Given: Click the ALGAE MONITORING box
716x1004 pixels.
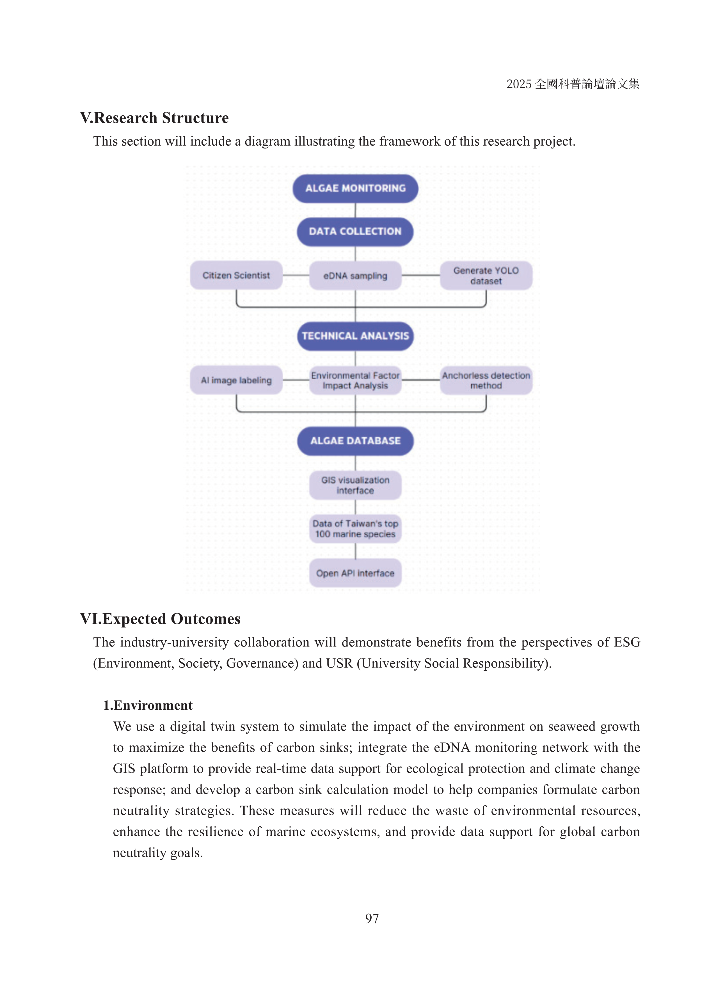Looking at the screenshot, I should click(355, 188).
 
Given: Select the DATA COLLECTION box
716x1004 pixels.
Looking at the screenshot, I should click(355, 231).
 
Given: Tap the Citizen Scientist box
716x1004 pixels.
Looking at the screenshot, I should click(236, 276).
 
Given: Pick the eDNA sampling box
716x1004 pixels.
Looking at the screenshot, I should click(355, 276).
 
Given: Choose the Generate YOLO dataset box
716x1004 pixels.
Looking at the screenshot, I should click(486, 276).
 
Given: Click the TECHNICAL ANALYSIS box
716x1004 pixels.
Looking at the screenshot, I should click(355, 336).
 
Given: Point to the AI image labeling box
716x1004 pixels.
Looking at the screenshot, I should click(236, 380).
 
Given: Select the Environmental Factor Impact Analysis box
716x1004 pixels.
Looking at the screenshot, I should click(355, 380).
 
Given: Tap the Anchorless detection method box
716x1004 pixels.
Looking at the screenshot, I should click(486, 380).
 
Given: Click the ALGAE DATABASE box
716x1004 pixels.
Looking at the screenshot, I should click(355, 441).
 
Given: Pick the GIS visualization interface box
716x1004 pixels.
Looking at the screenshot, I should click(355, 485).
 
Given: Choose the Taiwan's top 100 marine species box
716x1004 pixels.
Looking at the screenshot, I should click(355, 529).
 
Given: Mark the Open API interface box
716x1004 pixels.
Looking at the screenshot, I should click(355, 573).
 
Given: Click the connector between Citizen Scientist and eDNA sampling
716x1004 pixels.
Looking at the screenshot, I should click(296, 276).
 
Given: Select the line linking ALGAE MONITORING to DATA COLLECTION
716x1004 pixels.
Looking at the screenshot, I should click(355, 210).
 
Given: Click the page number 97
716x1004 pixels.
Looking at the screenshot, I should click(372, 918).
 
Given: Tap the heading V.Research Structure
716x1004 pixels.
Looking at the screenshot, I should click(154, 118).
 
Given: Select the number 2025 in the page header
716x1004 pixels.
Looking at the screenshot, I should click(519, 84).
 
